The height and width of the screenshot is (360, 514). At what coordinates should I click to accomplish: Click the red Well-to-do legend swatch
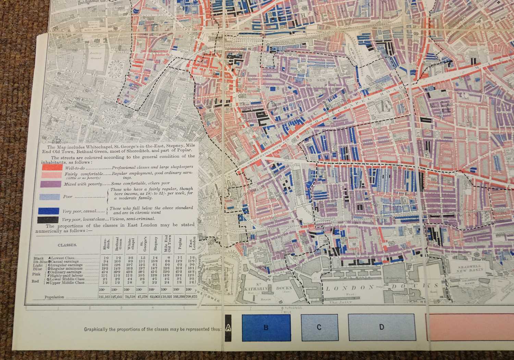(52, 167)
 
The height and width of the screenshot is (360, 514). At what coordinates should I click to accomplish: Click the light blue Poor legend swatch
(51, 197)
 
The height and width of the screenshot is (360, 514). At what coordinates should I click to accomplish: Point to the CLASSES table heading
(67, 245)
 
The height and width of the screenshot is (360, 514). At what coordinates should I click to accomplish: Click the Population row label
(54, 297)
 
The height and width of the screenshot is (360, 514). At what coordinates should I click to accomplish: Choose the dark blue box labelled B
(266, 327)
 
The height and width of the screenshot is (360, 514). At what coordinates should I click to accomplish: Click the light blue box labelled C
(319, 327)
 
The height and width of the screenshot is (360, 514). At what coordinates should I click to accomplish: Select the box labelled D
(381, 327)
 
